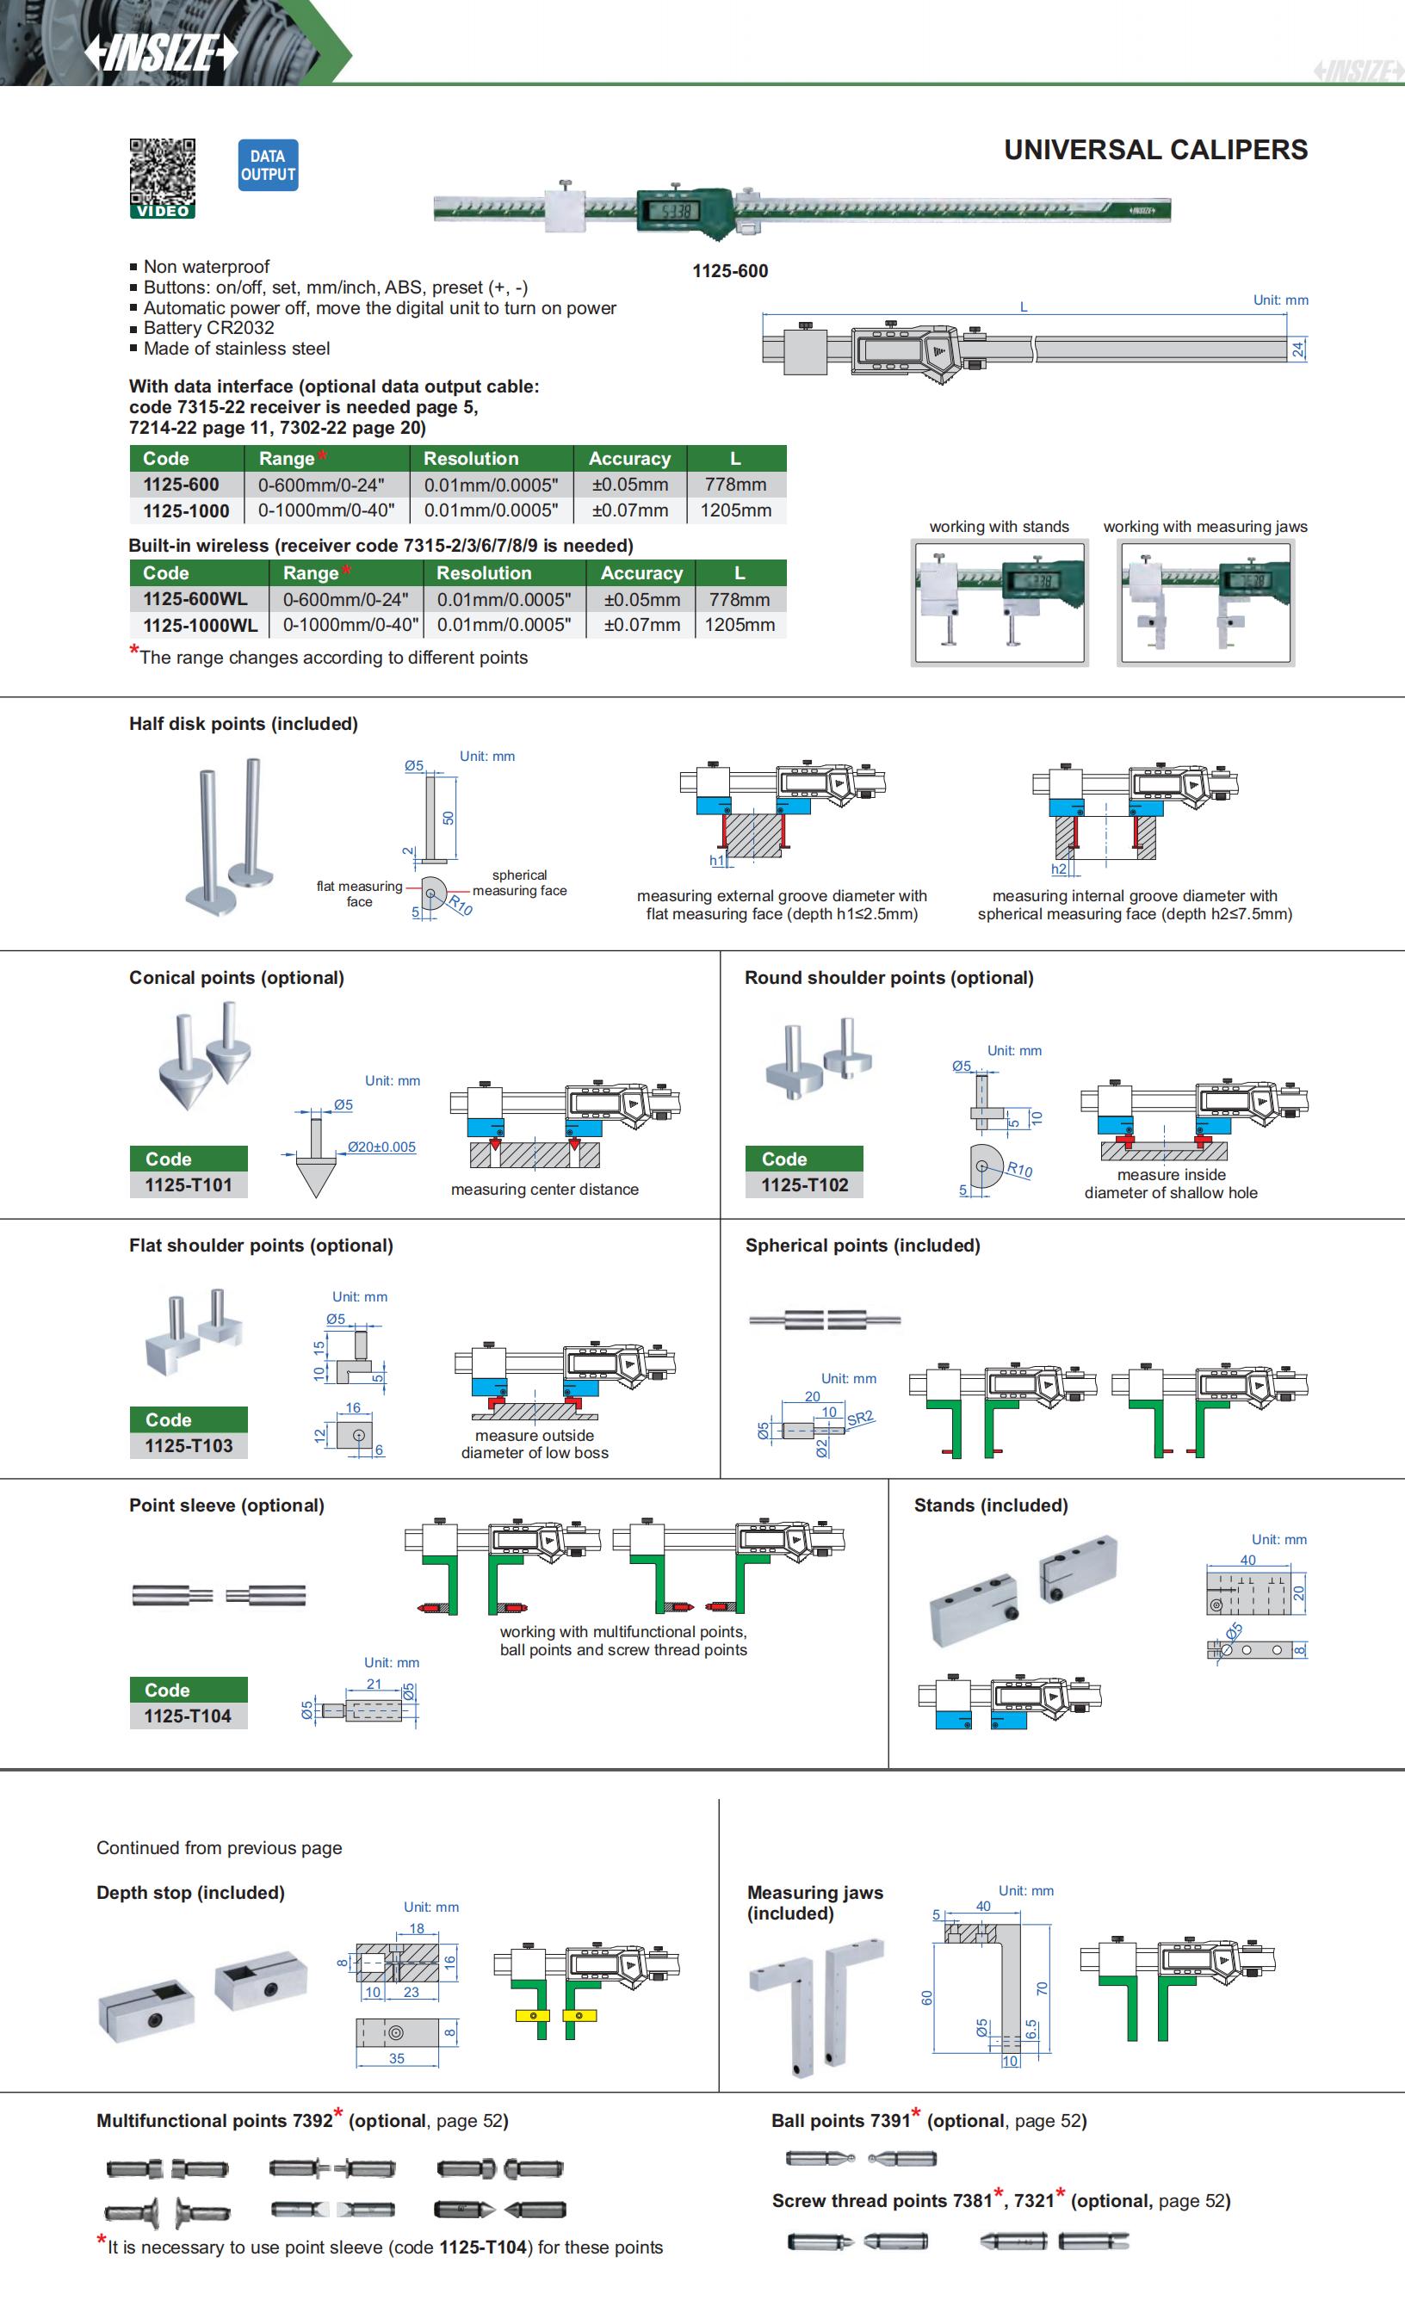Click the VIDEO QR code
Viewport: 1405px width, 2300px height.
(163, 177)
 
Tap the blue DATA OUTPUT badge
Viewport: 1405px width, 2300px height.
(268, 165)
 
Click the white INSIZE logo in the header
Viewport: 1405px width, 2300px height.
(162, 53)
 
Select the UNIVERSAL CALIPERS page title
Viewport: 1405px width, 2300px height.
(1154, 150)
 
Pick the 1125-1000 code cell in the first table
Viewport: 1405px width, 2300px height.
(186, 510)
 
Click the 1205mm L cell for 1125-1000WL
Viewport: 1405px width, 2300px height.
(740, 624)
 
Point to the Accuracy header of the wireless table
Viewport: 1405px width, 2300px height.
(641, 573)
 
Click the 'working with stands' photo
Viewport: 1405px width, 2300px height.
(1000, 603)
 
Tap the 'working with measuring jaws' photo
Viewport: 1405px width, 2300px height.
(1205, 603)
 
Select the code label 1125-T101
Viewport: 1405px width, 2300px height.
(189, 1184)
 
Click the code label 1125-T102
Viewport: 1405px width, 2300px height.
(805, 1184)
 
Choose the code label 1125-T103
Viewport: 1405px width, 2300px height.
(189, 1445)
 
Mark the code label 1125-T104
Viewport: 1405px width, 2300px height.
(188, 1716)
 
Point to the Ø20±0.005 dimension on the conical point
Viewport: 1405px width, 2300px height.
(382, 1147)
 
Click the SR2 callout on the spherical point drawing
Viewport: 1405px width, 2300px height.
(861, 1418)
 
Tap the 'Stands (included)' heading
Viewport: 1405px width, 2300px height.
(991, 1505)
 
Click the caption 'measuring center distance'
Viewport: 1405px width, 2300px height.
(544, 1190)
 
